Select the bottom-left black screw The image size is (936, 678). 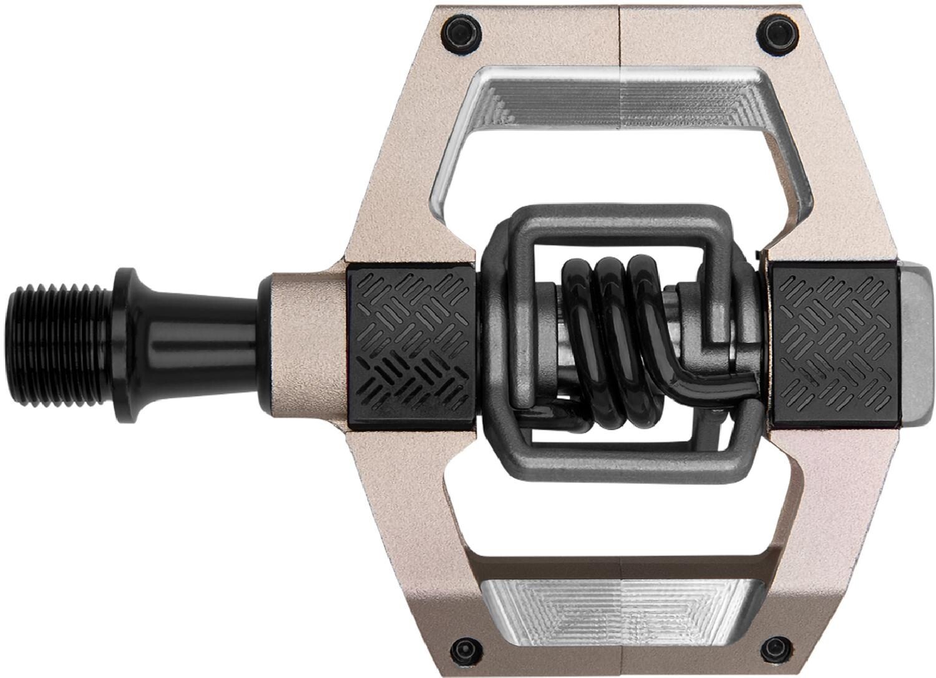click(464, 647)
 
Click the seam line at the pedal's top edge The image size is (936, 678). click(620, 31)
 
